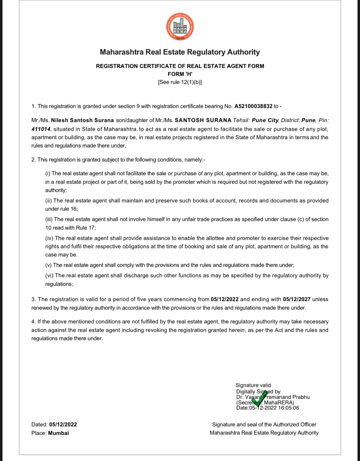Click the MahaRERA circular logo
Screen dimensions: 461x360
(180, 27)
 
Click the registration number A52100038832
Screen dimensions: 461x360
(253, 106)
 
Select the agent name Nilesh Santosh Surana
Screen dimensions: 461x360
(82, 120)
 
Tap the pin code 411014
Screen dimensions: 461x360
(41, 129)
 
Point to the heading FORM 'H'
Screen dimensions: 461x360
(180, 74)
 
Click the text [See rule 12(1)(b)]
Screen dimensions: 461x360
(180, 82)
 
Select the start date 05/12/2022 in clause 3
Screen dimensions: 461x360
(224, 299)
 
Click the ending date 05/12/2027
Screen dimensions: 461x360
(296, 299)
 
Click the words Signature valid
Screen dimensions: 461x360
(253, 385)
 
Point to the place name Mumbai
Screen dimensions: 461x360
(58, 433)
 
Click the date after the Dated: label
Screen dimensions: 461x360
(63, 425)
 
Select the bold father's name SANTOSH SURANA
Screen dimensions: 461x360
(203, 120)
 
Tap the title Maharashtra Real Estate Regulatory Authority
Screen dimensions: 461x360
(180, 52)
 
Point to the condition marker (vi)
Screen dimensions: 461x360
(49, 276)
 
